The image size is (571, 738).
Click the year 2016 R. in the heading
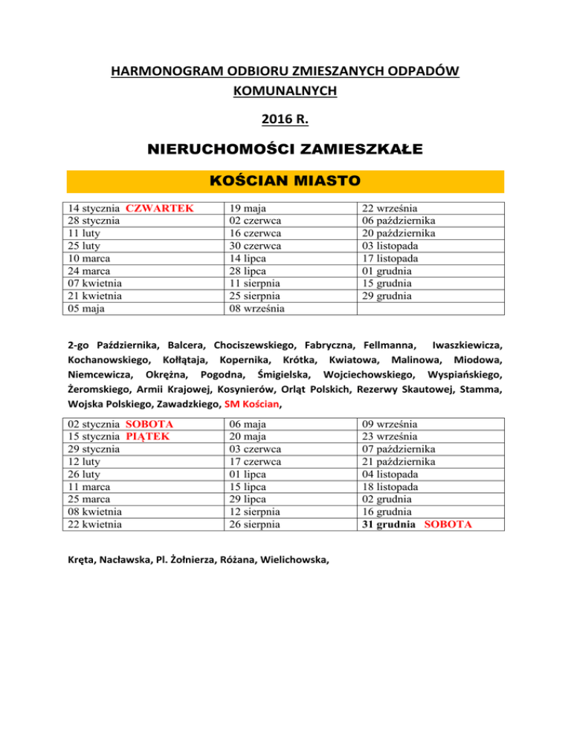[x=285, y=117]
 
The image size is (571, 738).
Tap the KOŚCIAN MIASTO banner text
[x=285, y=180]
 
